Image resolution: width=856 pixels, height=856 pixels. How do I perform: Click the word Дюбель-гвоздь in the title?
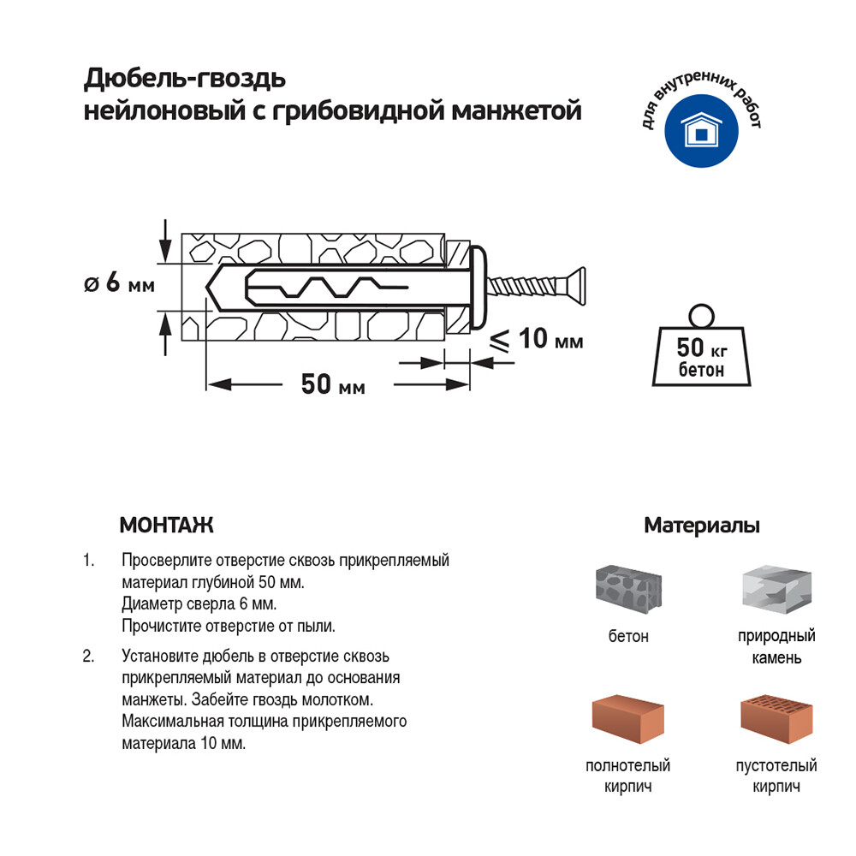[x=183, y=80]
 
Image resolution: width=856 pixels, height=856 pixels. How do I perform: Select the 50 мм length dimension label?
[x=332, y=385]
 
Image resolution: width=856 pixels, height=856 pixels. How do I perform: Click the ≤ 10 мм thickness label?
[x=537, y=340]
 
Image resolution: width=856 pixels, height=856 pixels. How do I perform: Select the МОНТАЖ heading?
[x=166, y=525]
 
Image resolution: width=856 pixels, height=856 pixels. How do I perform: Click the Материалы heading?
[x=702, y=526]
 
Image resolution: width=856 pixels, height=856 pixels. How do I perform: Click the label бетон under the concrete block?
[x=628, y=636]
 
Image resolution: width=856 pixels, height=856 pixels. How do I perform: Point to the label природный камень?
[x=776, y=647]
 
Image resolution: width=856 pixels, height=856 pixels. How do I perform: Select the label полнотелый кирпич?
[x=627, y=776]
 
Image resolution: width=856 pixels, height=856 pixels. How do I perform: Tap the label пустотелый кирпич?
[x=776, y=776]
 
